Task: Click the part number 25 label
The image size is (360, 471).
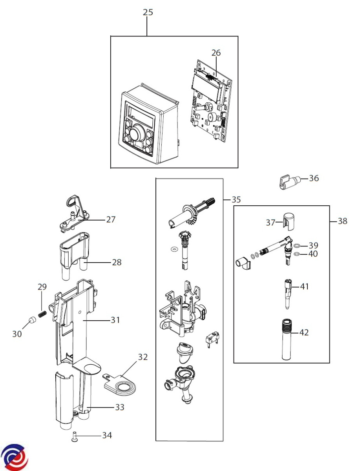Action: coord(148,12)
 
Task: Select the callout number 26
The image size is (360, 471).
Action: coord(216,53)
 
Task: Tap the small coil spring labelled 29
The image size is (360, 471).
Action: coord(42,314)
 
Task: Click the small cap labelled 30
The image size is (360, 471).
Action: coord(32,320)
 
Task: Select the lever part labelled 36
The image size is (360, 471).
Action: coord(289,182)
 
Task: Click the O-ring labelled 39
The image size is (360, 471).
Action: coord(297,245)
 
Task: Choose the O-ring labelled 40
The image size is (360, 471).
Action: coord(296,254)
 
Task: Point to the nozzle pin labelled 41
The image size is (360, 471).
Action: coord(287,293)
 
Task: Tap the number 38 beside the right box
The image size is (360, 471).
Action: coord(342,221)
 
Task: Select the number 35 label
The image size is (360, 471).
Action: coord(236,200)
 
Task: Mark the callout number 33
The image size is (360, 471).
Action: coord(120,407)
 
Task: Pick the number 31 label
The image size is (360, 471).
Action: coord(115,320)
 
